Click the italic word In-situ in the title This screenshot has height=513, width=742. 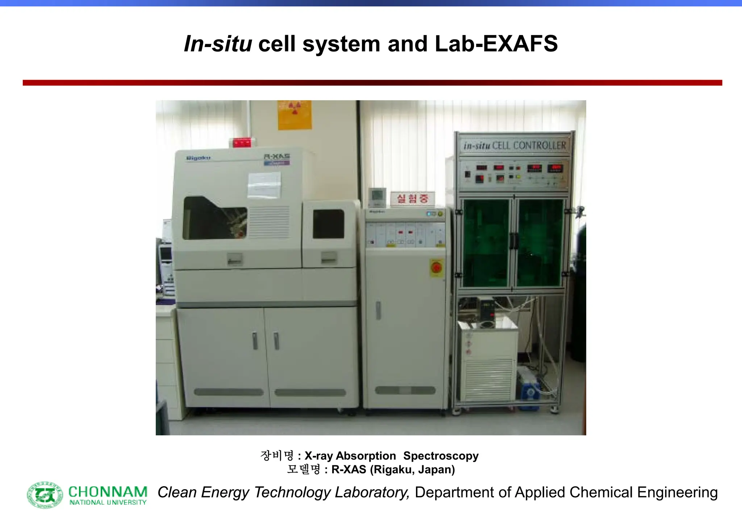point(218,44)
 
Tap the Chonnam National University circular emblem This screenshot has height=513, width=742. point(45,495)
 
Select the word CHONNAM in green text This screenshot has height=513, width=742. point(108,492)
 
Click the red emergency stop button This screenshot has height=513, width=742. point(436,268)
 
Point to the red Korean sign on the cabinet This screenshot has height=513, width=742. point(412,198)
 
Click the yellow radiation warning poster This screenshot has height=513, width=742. point(295,115)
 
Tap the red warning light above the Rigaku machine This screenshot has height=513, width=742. point(242,143)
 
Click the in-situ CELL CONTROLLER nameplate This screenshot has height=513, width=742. point(514,146)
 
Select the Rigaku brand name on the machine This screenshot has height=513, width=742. point(198,158)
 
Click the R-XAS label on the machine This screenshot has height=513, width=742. point(277,156)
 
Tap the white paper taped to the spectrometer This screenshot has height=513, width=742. point(264,185)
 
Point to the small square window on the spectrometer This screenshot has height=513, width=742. point(328,224)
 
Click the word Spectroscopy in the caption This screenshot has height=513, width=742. point(441,456)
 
